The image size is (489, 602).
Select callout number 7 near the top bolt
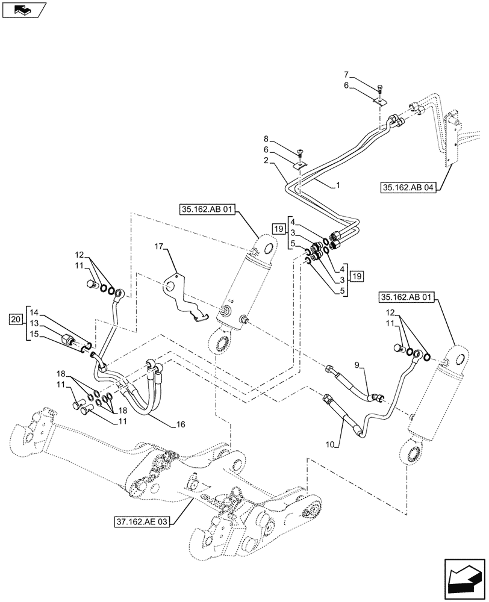pyautogui.click(x=346, y=75)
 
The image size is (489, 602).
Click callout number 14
pyautogui.click(x=33, y=312)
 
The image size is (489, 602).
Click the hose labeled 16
pyautogui.click(x=145, y=403)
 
